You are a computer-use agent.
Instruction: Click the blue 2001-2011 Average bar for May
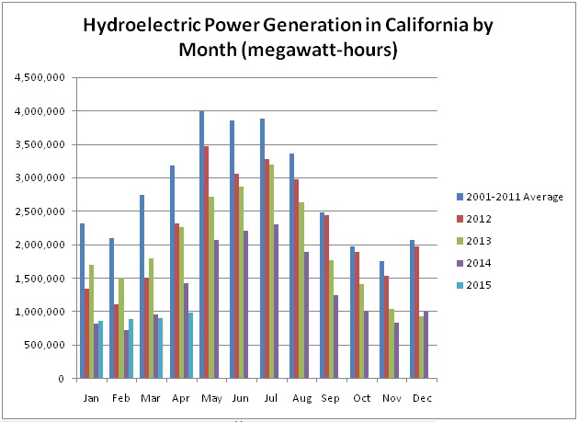pos(201,245)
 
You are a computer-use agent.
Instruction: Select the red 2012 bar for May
pos(206,262)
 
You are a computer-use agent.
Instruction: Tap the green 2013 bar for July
pos(271,271)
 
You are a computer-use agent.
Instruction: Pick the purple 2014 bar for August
pos(306,314)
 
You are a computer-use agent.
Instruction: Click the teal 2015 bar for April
pos(190,345)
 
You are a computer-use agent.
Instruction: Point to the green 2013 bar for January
pos(91,321)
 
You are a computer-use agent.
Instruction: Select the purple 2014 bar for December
pos(426,345)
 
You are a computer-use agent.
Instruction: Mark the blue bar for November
pos(381,320)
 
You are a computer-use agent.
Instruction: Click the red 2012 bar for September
pos(326,296)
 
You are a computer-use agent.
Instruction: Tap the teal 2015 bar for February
pos(131,348)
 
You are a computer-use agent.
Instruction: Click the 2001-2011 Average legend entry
pos(510,197)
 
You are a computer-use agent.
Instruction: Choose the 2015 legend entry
pos(474,285)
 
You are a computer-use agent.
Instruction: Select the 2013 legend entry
pos(474,241)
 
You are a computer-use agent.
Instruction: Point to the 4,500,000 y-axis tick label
pos(40,77)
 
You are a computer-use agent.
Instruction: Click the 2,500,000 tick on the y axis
pos(40,211)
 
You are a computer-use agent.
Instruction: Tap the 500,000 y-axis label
pos(44,345)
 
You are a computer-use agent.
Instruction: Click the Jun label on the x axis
pos(241,398)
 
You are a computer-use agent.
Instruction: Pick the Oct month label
pos(361,398)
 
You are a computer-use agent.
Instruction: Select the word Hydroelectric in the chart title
pos(142,26)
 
